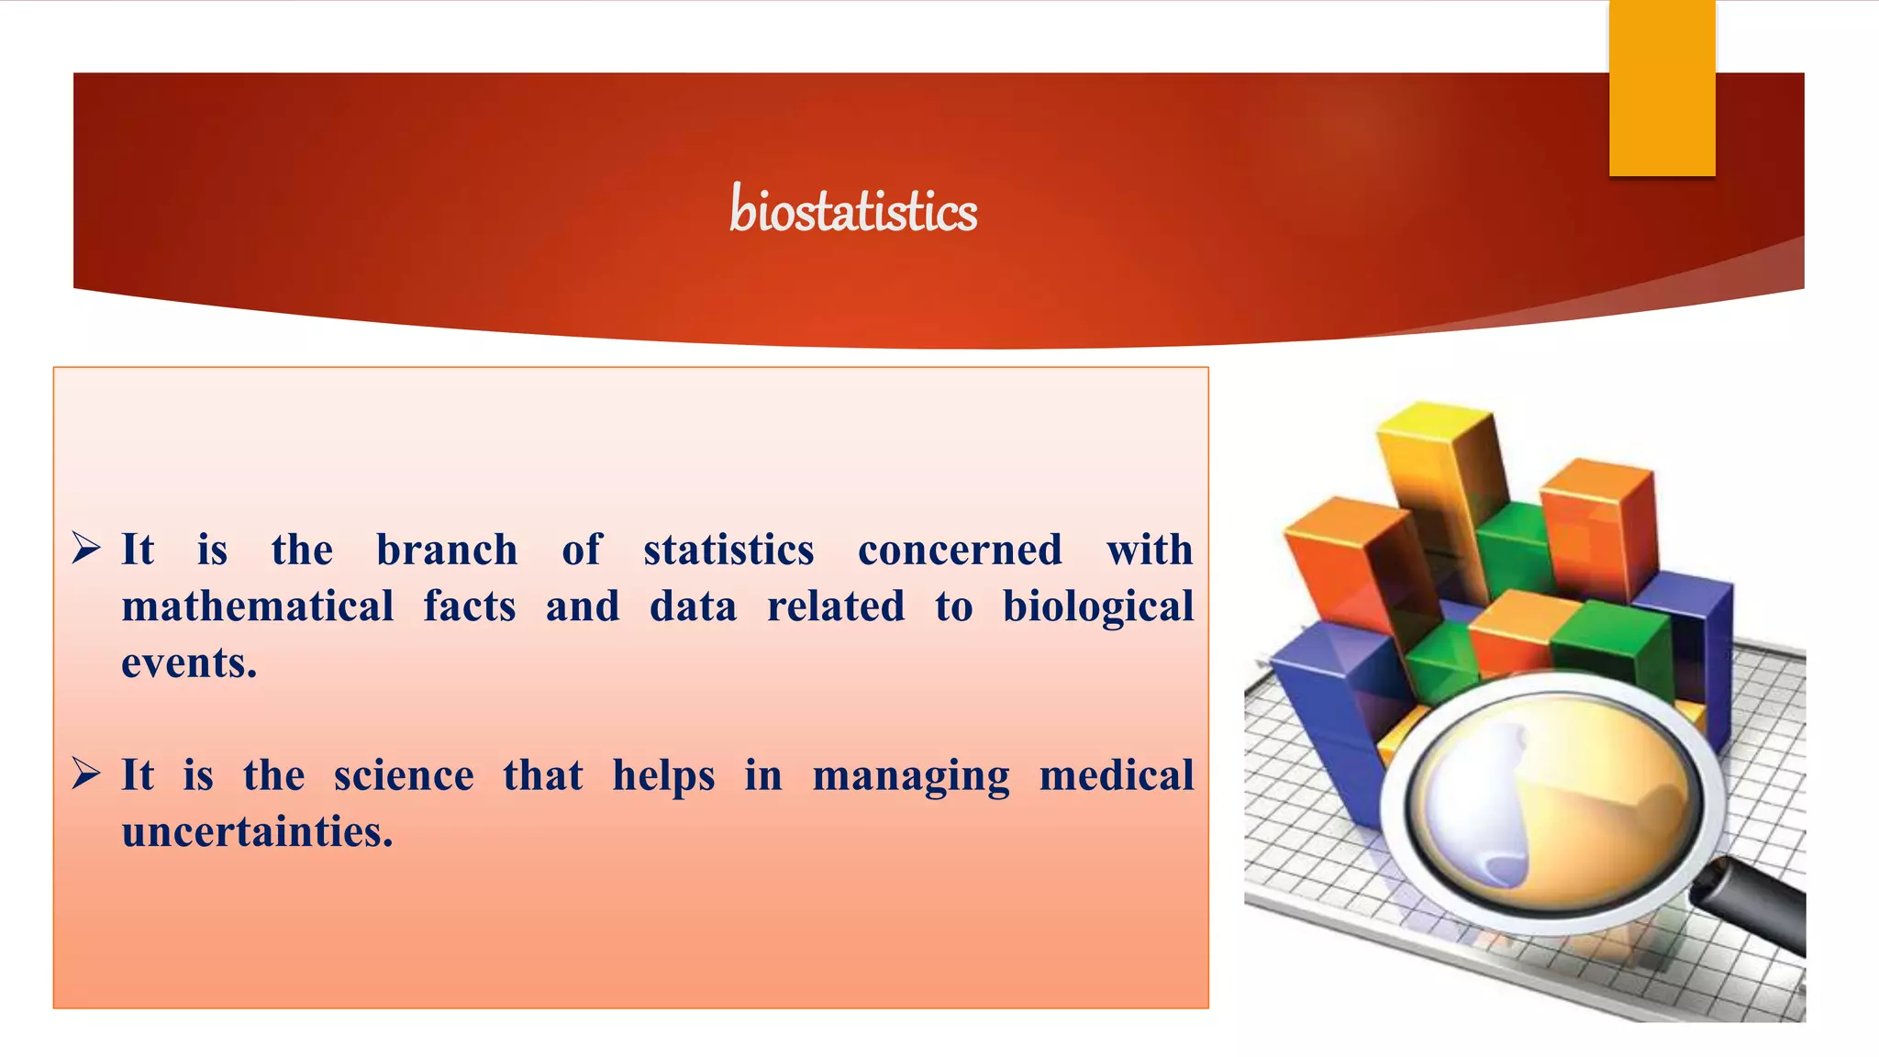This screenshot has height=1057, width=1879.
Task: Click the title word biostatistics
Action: click(852, 210)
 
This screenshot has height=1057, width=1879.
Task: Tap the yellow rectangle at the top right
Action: click(1662, 87)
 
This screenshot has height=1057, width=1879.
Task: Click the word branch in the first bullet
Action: click(447, 551)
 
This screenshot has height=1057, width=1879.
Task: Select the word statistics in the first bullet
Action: click(728, 551)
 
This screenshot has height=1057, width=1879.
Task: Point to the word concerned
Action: click(960, 551)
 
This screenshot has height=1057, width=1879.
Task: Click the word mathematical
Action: click(258, 606)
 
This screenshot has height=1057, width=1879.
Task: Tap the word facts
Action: click(470, 606)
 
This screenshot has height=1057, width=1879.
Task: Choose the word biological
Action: click(1097, 606)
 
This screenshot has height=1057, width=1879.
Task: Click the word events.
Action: click(189, 663)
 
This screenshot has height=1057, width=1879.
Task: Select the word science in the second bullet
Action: click(404, 776)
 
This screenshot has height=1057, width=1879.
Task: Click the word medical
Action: click(1116, 776)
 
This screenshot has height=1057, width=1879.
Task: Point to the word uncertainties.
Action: click(257, 832)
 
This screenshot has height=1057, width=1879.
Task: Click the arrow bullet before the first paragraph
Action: click(86, 549)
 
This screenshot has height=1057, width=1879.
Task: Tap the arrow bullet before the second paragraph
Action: click(86, 774)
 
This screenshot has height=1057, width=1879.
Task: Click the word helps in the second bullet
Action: click(663, 776)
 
